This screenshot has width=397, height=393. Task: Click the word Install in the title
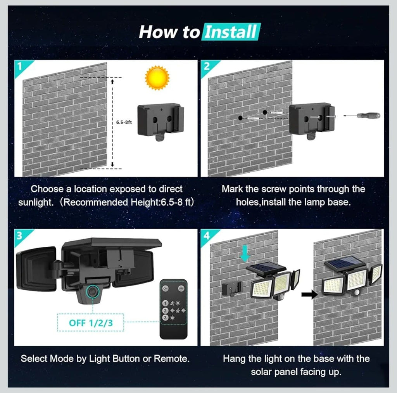point(230,32)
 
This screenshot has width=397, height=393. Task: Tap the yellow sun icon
point(157,78)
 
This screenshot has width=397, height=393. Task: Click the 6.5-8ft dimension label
point(124,122)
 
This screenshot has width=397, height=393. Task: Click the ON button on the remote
point(166,288)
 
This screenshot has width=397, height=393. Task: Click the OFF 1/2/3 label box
point(91,322)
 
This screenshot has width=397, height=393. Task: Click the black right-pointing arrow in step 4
point(309,295)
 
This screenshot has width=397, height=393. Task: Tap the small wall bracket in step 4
point(232,289)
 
